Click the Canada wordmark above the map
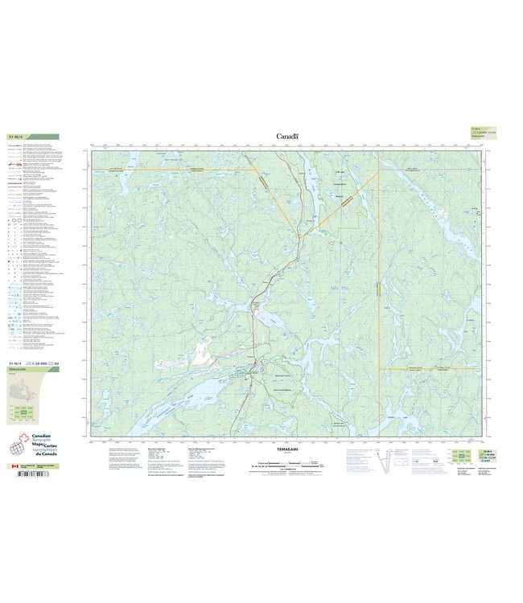(x=287, y=137)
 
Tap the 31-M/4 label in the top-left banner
(x=16, y=137)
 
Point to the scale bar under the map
(x=286, y=464)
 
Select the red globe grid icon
(x=15, y=448)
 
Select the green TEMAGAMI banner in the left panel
(x=32, y=371)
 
